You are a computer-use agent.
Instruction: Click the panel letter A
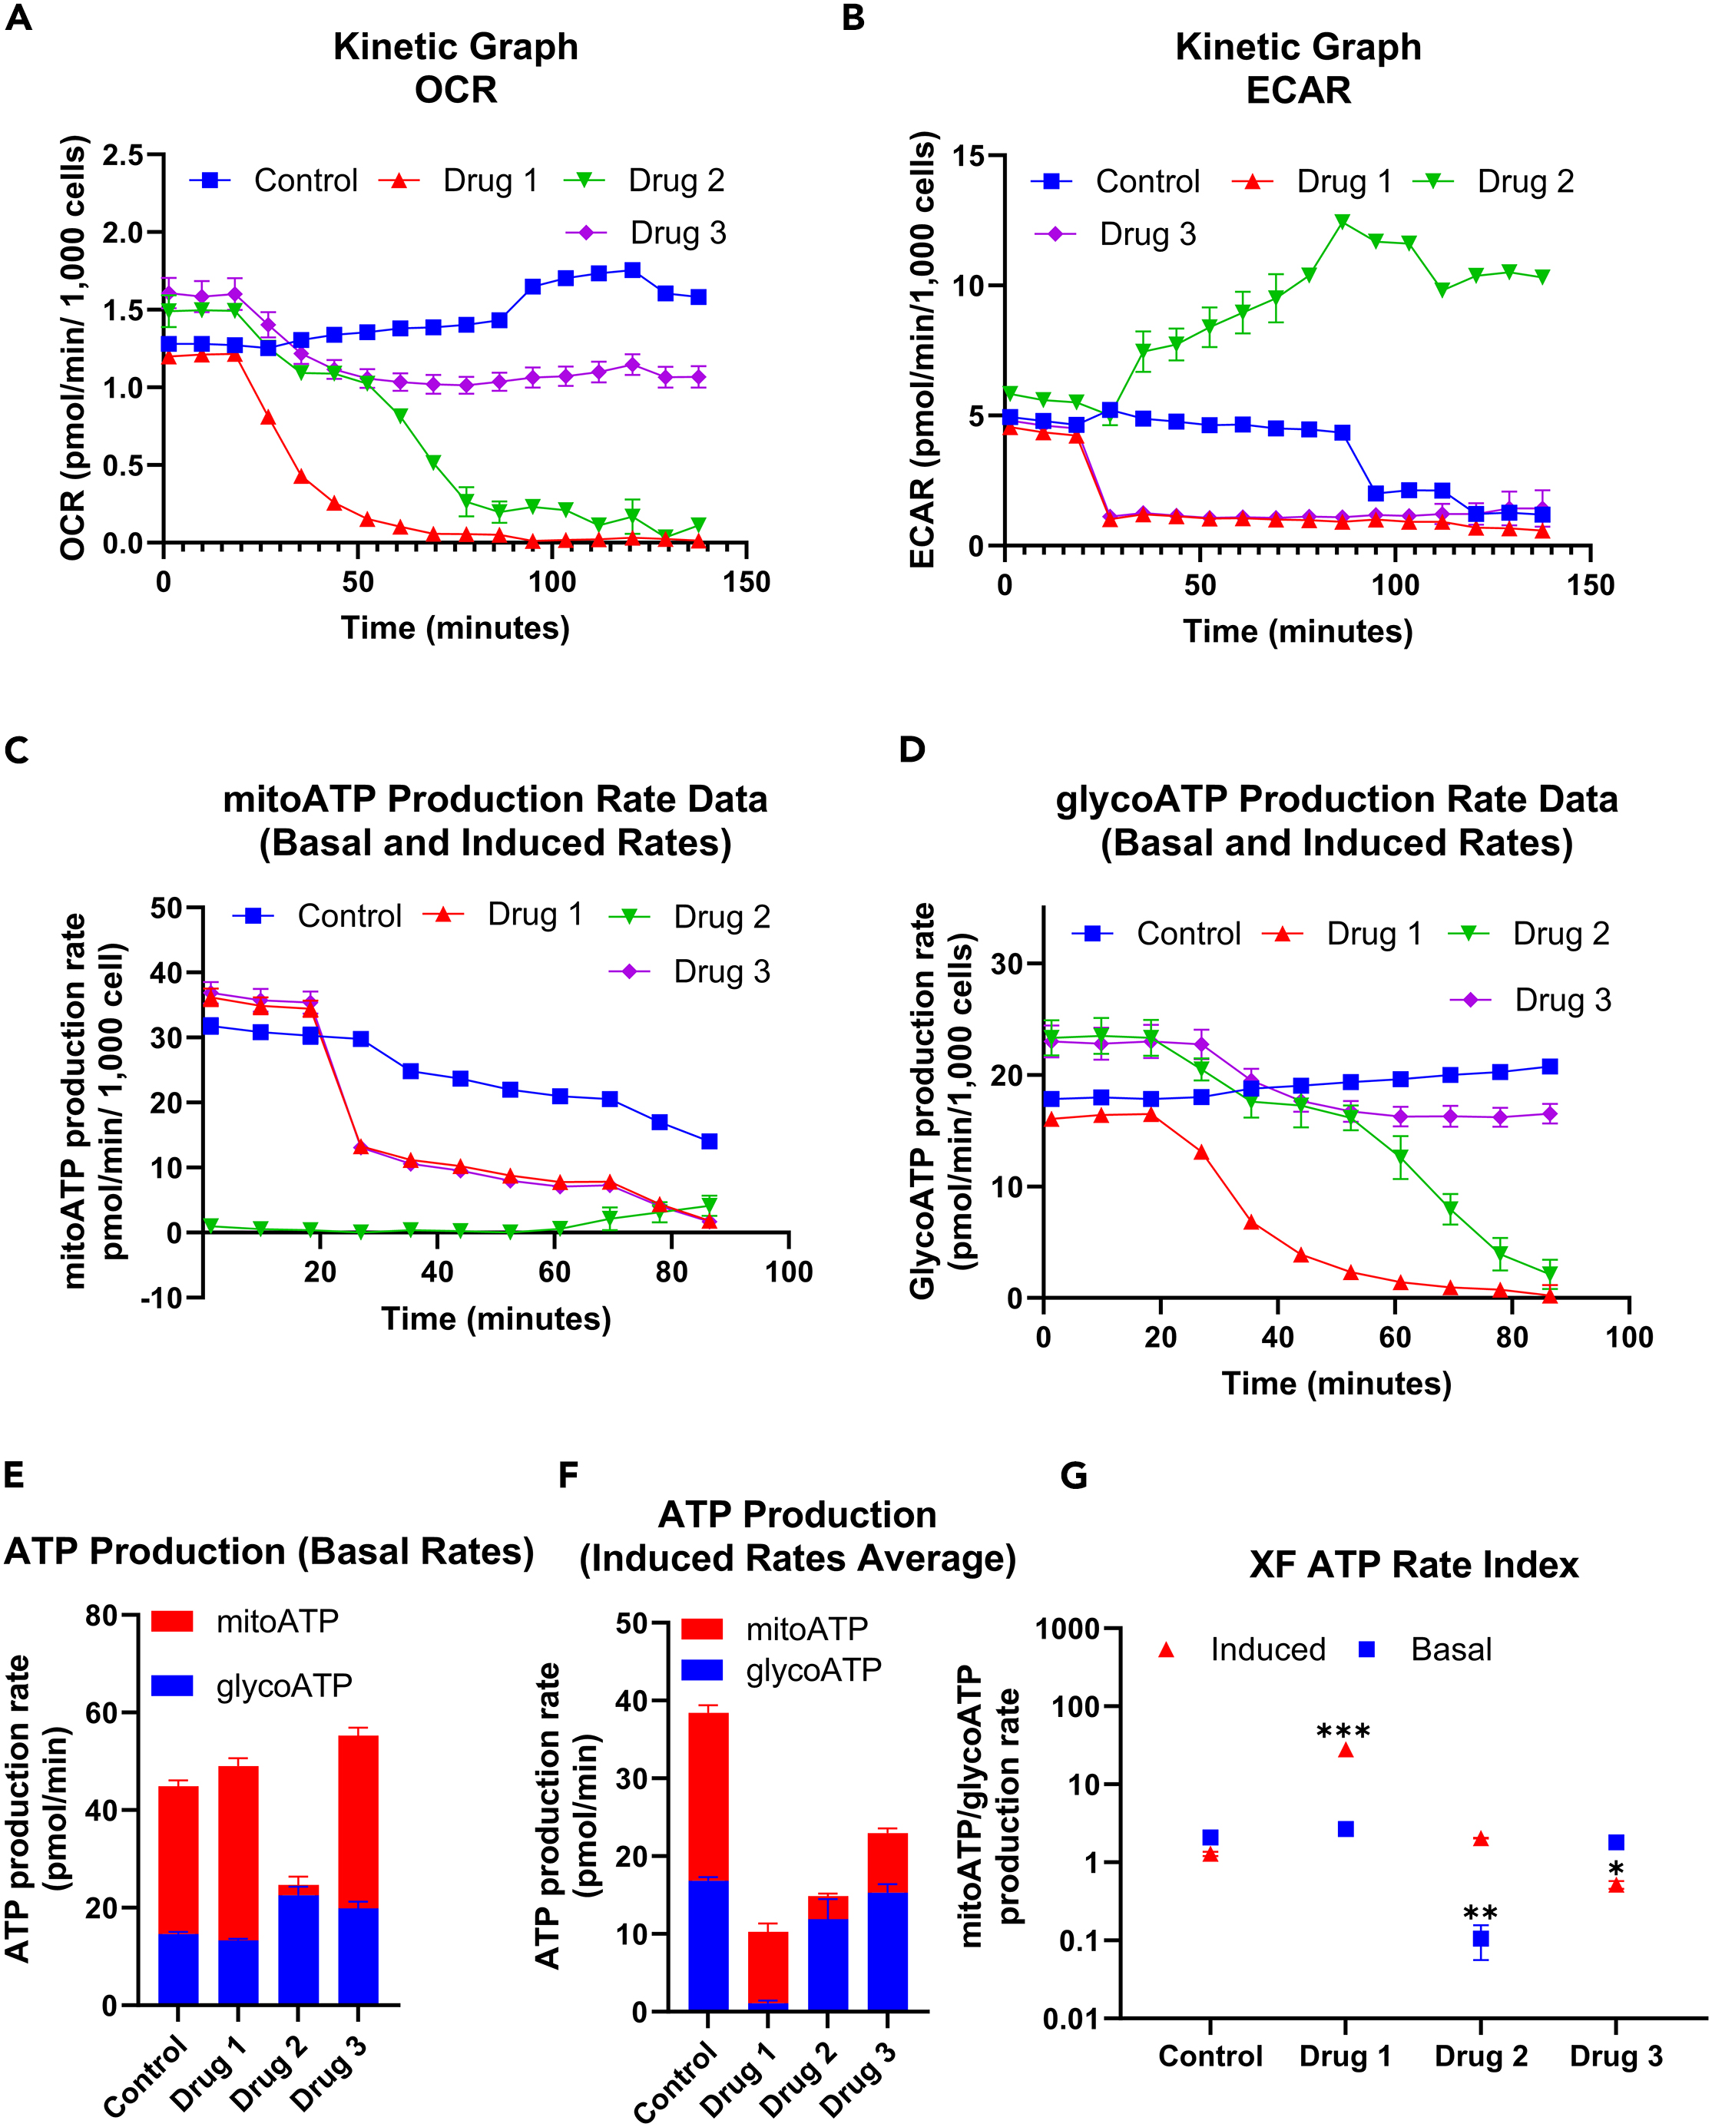point(18,18)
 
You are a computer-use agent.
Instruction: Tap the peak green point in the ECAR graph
point(1342,221)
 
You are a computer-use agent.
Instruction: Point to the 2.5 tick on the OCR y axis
point(122,155)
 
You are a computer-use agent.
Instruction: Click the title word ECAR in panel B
point(1297,91)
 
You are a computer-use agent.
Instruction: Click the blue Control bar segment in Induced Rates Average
point(708,1944)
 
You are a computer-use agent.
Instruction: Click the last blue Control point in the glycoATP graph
point(1549,1067)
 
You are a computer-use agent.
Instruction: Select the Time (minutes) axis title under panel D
point(1336,1383)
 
